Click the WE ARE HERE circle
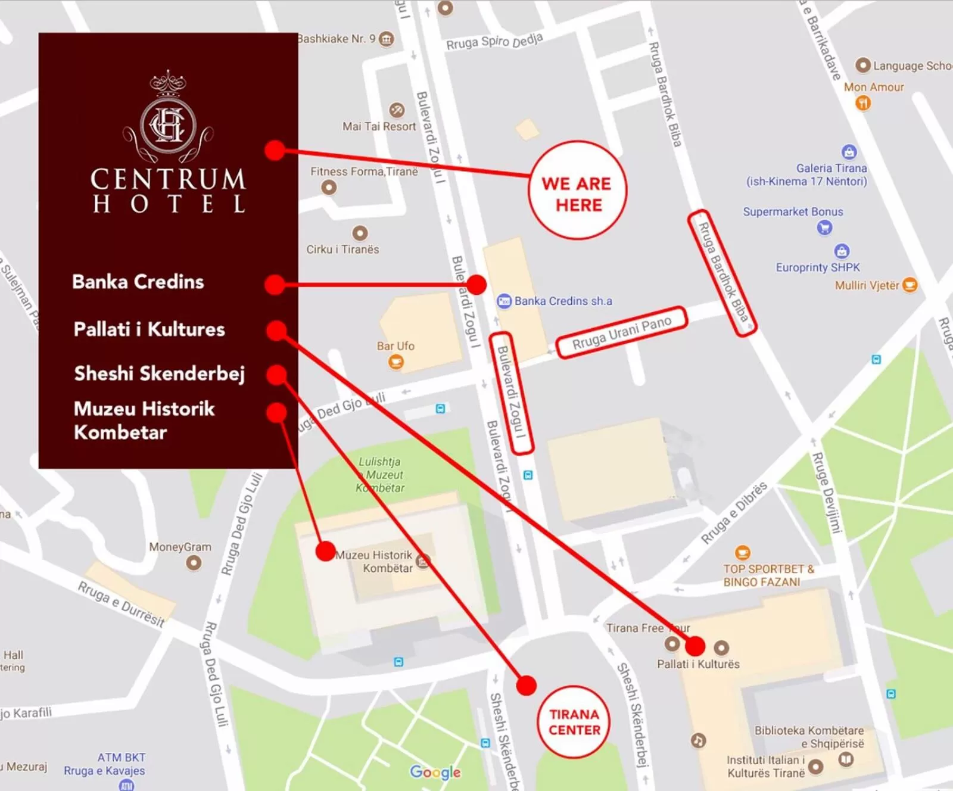[x=577, y=191]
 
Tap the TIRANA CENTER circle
[x=574, y=722]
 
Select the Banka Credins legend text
[x=138, y=282]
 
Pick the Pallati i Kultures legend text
[x=150, y=329]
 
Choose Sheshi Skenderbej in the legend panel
[x=160, y=373]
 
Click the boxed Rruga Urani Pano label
[x=621, y=332]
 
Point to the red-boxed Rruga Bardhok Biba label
[x=722, y=273]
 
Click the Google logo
[x=435, y=772]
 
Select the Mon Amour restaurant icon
[x=862, y=103]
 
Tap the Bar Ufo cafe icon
[x=396, y=362]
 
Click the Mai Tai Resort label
[x=379, y=126]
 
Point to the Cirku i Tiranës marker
[x=360, y=233]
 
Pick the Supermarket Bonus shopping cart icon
[x=824, y=227]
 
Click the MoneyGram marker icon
[x=194, y=562]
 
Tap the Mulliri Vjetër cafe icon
[x=910, y=285]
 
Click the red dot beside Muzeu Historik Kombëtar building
[x=325, y=551]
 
